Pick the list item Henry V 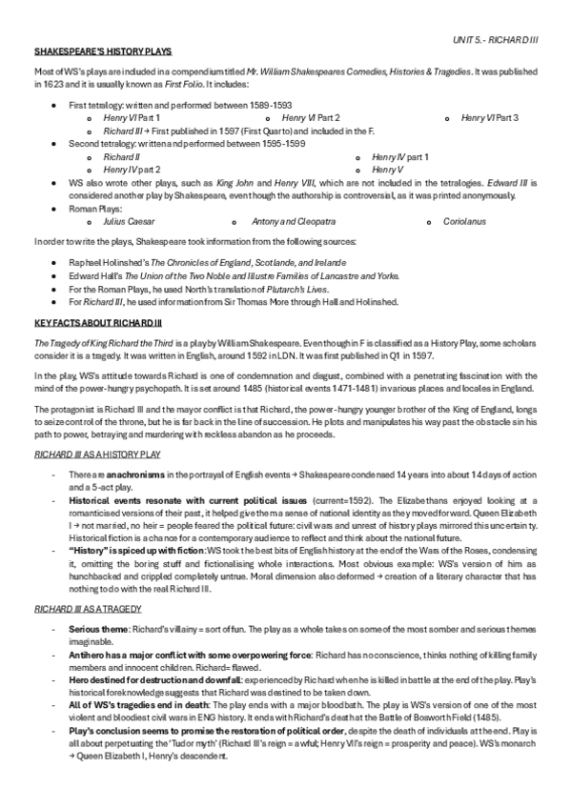(x=386, y=169)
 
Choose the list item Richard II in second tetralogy (x=121, y=156)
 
